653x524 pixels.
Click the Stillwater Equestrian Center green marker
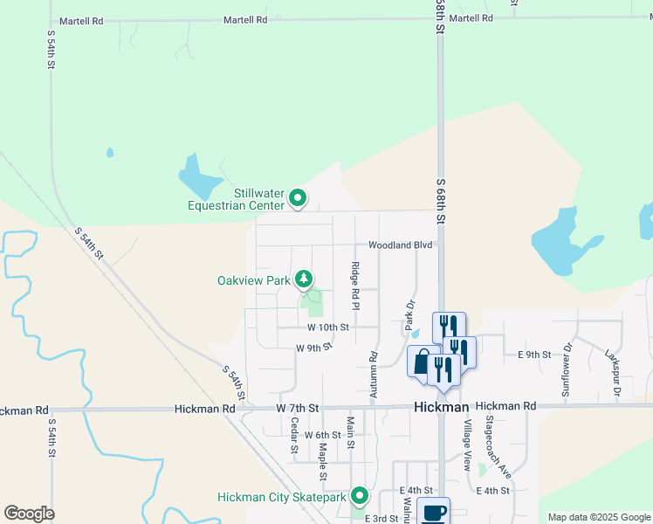pyautogui.click(x=298, y=199)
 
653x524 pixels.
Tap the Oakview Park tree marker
pyautogui.click(x=304, y=279)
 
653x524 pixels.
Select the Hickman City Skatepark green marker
pyautogui.click(x=360, y=496)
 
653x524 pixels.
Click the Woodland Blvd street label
pyautogui.click(x=401, y=245)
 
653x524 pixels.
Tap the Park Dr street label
pyautogui.click(x=408, y=314)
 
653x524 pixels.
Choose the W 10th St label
pyautogui.click(x=328, y=327)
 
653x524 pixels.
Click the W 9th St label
pyautogui.click(x=314, y=348)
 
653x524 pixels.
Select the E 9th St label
pyautogui.click(x=534, y=355)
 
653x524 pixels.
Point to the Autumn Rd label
pyautogui.click(x=374, y=376)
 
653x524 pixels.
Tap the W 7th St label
pyautogui.click(x=298, y=408)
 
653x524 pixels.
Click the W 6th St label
pyautogui.click(x=322, y=434)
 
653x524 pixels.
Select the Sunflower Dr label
pyautogui.click(x=567, y=369)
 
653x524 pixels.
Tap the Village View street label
pyautogui.click(x=468, y=445)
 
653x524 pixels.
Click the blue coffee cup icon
pyautogui.click(x=434, y=512)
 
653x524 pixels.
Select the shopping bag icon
pyautogui.click(x=423, y=362)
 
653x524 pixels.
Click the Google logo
pyautogui.click(x=29, y=514)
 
